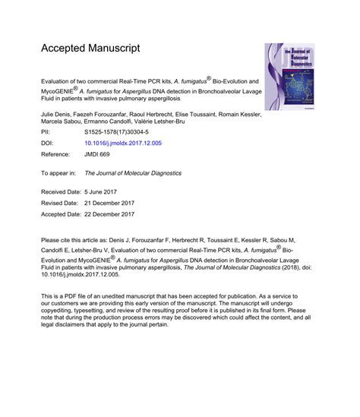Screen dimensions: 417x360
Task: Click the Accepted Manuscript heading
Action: coord(90,48)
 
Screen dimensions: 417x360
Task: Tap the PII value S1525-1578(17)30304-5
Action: coord(117,131)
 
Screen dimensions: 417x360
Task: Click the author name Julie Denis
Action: coord(56,112)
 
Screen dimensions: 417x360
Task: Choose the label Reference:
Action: coord(58,153)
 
